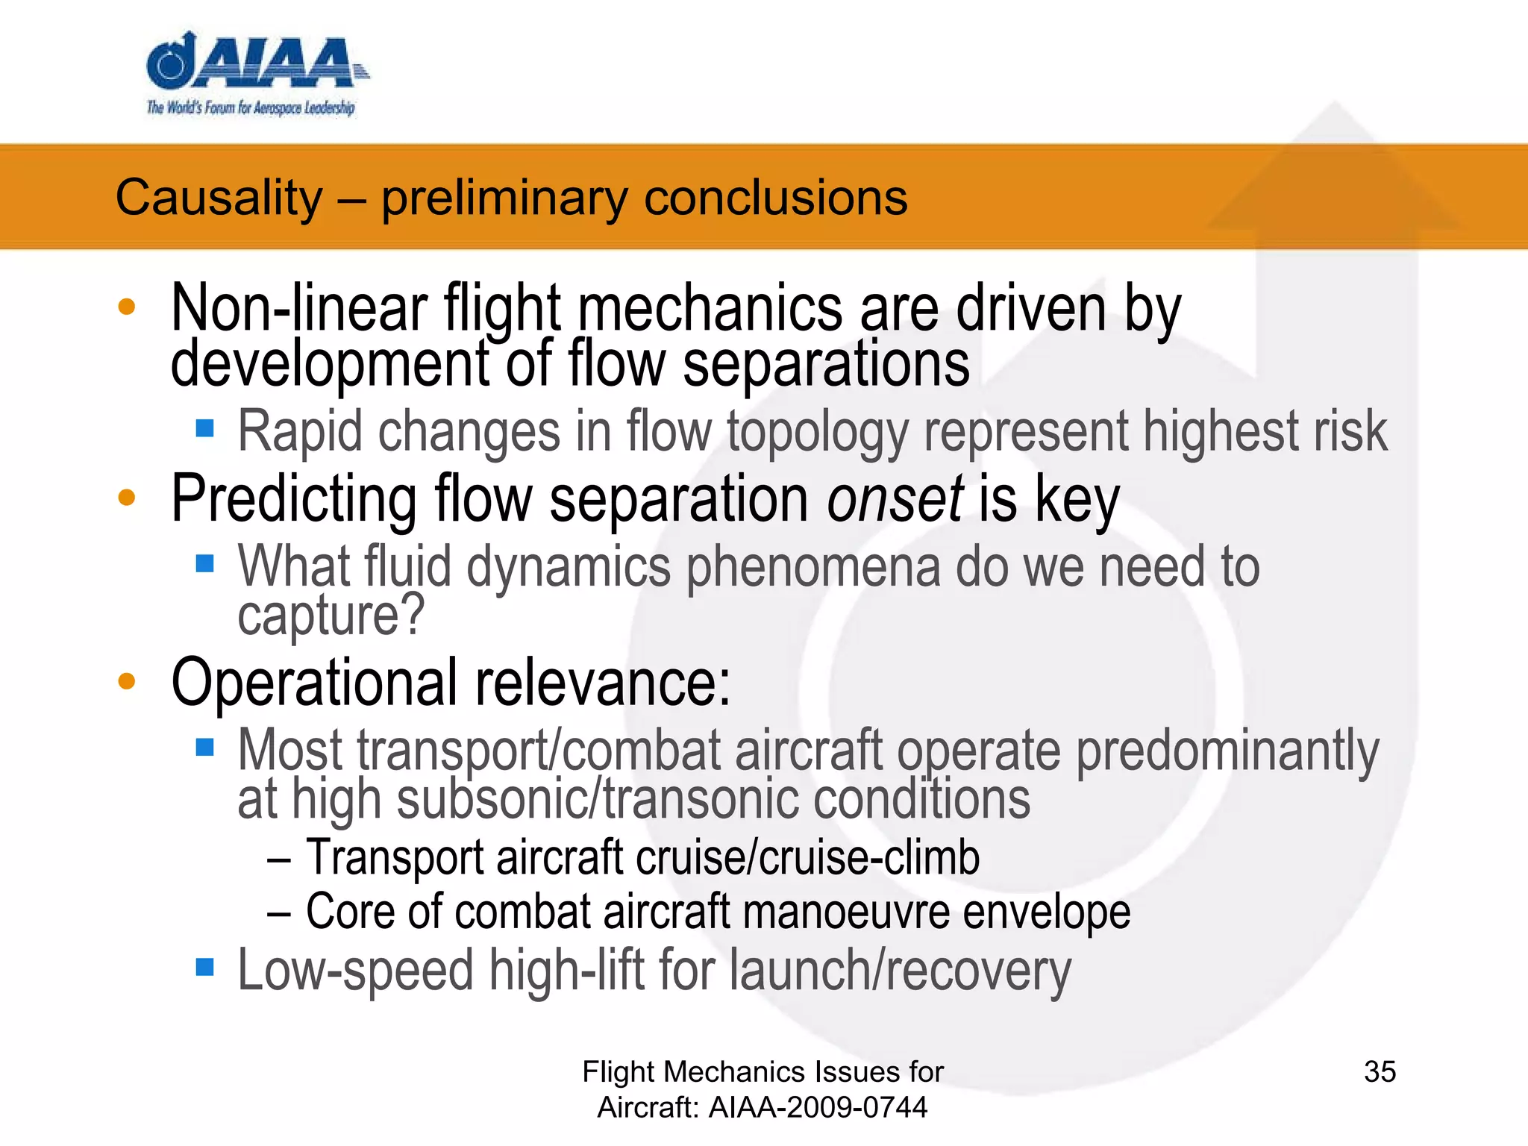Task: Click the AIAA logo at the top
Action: coord(254,63)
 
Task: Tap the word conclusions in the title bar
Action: coord(775,198)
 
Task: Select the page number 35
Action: coord(1380,1072)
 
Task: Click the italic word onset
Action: coord(895,498)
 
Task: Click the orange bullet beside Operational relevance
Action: coord(127,680)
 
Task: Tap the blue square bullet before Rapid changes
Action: coord(204,428)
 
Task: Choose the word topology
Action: coord(818,433)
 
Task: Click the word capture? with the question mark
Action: coord(331,616)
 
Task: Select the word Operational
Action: coord(314,682)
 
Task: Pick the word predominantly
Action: coord(1227,751)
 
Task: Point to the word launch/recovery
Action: coord(900,971)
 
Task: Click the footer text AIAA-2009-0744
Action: coord(818,1107)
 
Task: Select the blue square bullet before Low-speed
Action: coord(204,968)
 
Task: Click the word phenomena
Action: coord(812,567)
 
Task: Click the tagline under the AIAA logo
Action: coord(251,108)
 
